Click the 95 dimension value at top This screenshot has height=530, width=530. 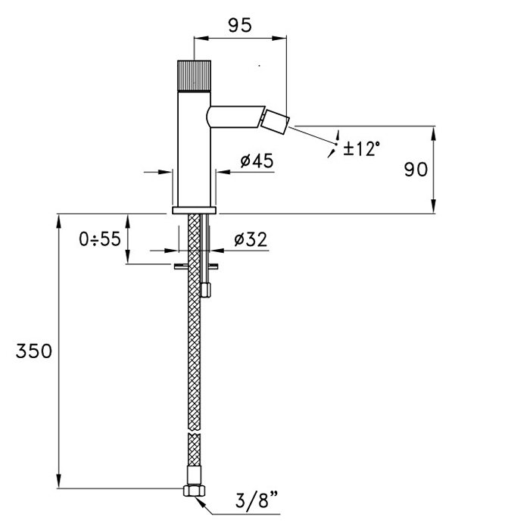click(x=240, y=25)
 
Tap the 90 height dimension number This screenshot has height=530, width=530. click(x=416, y=170)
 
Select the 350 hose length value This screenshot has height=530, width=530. click(x=34, y=351)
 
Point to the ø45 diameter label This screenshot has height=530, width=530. click(x=257, y=161)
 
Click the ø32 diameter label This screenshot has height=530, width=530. click(x=251, y=239)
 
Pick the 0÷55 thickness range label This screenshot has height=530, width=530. click(x=100, y=239)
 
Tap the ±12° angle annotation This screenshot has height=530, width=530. click(x=361, y=148)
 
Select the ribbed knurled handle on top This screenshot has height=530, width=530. click(x=195, y=76)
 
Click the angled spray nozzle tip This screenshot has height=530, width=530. click(x=276, y=122)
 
